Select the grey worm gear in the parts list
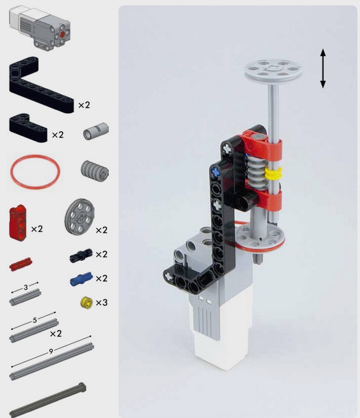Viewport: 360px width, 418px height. tap(95, 171)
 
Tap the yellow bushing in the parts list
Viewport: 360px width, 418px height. tap(87, 303)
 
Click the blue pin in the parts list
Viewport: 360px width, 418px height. tap(81, 279)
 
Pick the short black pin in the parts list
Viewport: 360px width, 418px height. tap(81, 255)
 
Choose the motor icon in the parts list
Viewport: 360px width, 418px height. tap(40, 28)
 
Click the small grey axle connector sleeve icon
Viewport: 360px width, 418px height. tap(96, 131)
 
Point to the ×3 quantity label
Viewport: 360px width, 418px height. tap(101, 303)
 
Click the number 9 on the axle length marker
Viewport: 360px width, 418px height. tap(51, 352)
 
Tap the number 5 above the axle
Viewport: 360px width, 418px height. tap(35, 320)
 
